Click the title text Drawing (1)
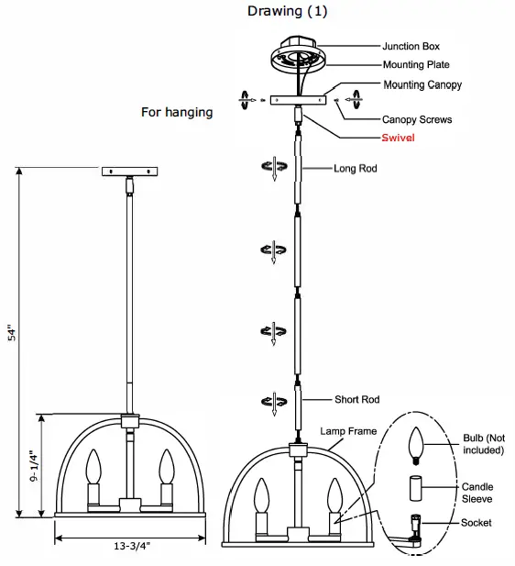[x=287, y=12]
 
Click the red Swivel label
[x=400, y=138]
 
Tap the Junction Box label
[x=413, y=45]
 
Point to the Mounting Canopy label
[x=422, y=85]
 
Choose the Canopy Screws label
[x=418, y=119]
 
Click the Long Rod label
[x=356, y=169]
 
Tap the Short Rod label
[x=356, y=400]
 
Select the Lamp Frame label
[x=348, y=430]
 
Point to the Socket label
[x=477, y=522]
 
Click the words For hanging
[x=177, y=112]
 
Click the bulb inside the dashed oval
[x=418, y=447]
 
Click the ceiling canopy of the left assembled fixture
[x=128, y=171]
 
